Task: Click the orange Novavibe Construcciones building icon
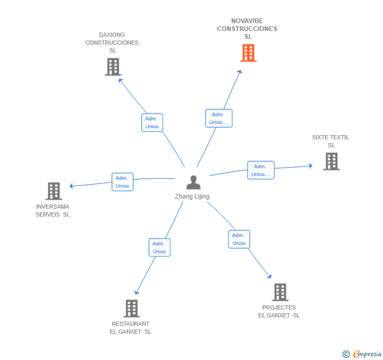248,53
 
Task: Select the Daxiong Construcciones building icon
113,67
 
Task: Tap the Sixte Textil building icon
331,161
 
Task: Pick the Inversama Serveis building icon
54,191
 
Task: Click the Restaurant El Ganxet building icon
132,308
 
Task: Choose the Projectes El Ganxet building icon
280,292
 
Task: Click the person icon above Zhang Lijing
193,182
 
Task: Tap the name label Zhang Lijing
192,197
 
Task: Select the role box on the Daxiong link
152,122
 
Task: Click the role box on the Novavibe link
219,118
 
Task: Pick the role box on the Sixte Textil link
261,170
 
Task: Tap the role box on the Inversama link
123,182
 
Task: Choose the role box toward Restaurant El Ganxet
159,248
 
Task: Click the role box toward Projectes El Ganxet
239,239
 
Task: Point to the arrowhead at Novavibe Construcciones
240,72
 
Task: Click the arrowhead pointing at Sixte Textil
311,166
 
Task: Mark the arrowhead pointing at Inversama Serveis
71,186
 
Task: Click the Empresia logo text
367,354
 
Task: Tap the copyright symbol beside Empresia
346,354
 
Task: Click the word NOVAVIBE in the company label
247,21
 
